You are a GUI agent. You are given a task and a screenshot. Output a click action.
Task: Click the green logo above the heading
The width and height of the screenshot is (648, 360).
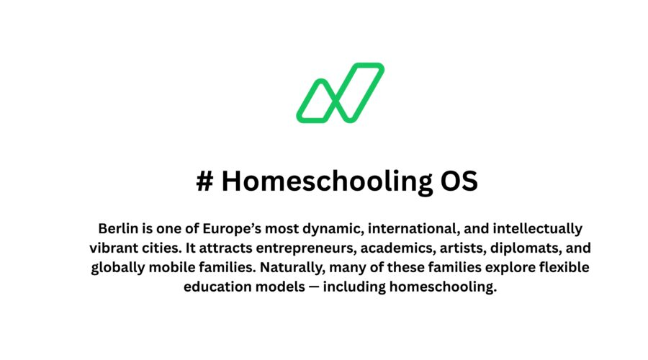tap(340, 92)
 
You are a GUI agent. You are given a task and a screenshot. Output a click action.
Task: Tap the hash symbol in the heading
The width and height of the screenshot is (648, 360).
tap(204, 181)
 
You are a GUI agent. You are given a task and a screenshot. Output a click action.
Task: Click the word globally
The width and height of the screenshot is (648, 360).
tap(120, 268)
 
